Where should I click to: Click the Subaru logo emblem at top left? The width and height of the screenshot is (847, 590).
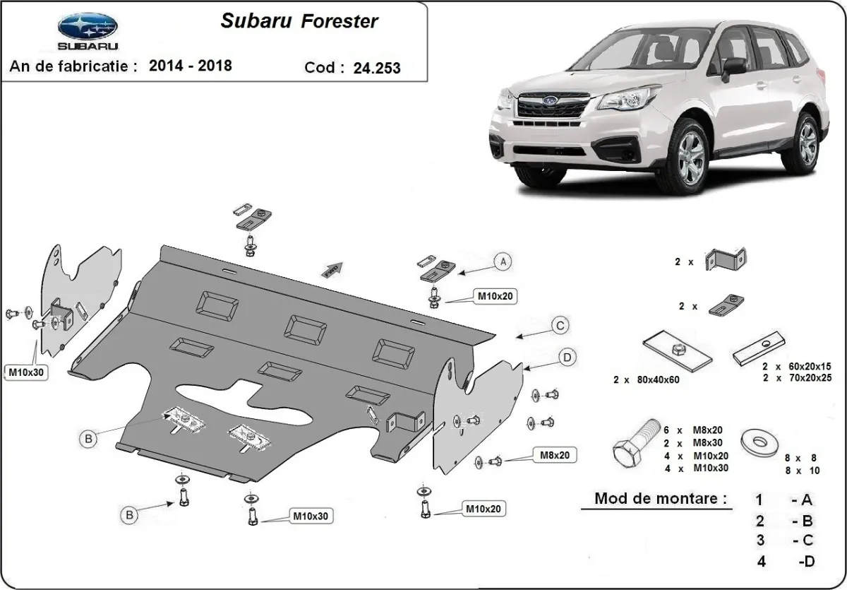[88, 28]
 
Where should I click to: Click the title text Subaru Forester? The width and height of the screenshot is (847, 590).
[299, 21]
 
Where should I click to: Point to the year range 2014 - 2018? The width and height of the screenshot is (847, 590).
[191, 66]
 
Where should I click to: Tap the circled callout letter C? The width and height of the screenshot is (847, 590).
[559, 326]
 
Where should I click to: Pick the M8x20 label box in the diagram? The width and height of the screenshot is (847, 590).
[555, 456]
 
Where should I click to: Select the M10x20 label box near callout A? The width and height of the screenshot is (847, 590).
[493, 297]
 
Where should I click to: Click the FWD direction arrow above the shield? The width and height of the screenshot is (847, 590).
[334, 269]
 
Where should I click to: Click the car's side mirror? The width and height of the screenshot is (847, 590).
[734, 66]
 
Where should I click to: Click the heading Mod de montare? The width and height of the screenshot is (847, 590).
[660, 498]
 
